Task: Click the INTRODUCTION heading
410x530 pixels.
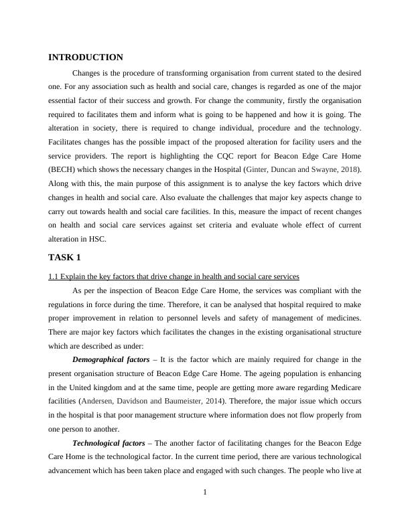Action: click(x=86, y=58)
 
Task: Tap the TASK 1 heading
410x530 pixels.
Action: click(x=65, y=257)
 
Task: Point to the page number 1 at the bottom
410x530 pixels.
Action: click(x=205, y=493)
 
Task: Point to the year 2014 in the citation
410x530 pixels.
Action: click(x=216, y=402)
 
